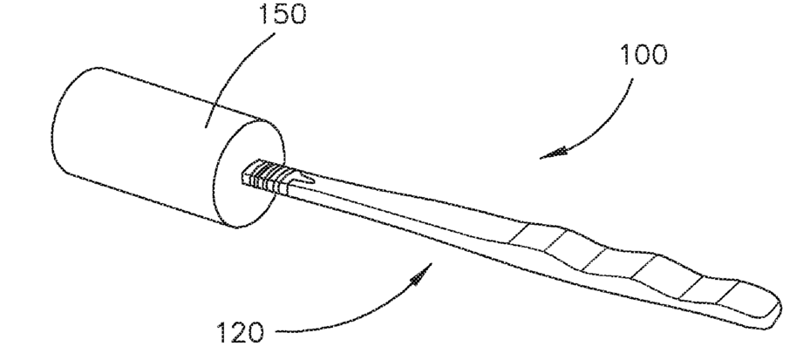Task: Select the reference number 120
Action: (x=239, y=332)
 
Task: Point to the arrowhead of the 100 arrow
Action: (x=547, y=154)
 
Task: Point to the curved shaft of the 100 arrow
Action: (x=602, y=113)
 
